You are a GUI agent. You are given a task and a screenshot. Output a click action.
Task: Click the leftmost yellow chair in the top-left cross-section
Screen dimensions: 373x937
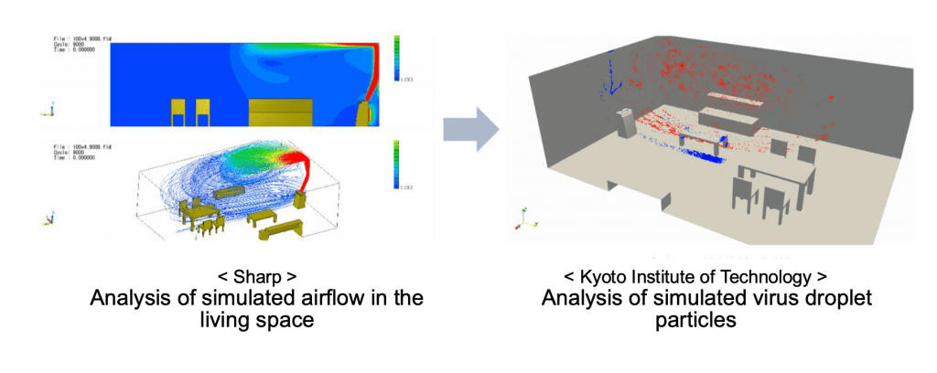pos(178,112)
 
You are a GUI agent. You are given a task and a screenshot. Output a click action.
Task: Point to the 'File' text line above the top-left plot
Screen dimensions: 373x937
pos(73,41)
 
